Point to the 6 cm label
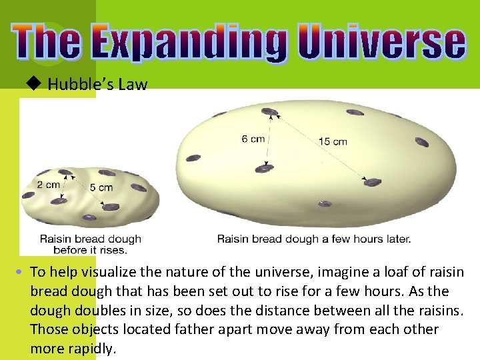pos(254,139)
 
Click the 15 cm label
pos(333,141)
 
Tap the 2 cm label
pos(49,185)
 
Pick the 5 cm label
pos(101,187)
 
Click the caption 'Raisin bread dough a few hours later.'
pos(314,238)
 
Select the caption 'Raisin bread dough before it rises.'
pos(90,244)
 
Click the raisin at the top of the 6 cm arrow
pos(269,111)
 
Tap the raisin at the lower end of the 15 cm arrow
pos(372,182)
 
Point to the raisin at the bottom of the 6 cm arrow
pos(265,169)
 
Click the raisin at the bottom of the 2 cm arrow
pos(59,200)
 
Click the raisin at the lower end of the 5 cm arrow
pos(111,207)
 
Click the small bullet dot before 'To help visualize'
pos(21,273)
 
